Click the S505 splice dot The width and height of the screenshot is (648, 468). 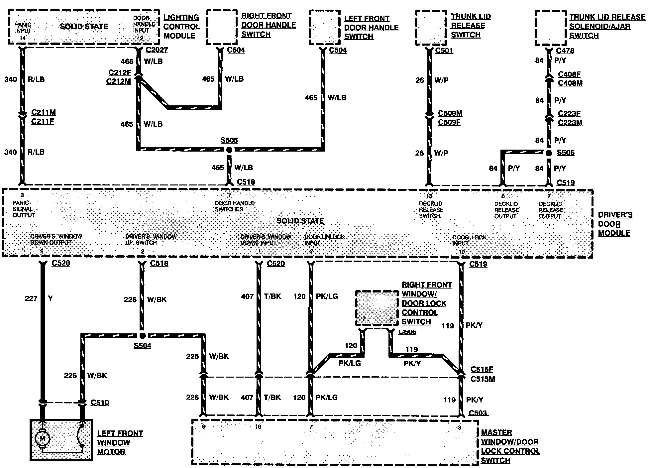pos(229,150)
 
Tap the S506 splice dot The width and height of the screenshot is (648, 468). pos(549,153)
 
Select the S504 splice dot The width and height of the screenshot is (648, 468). pos(142,336)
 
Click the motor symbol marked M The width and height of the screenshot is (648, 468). pos(43,438)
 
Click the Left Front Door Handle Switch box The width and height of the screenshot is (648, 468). pos(325,27)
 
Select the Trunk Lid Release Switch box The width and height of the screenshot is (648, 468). pos(431,28)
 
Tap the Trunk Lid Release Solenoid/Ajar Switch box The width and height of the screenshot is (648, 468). pos(551,28)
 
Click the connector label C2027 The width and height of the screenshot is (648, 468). pos(157,50)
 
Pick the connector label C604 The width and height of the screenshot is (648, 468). pos(236,50)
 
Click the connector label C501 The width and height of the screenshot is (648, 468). pos(444,51)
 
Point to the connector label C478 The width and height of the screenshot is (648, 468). pos(565,51)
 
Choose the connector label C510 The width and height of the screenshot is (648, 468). pos(100,403)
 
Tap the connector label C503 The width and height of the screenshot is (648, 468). pos(478,413)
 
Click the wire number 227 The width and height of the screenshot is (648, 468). pos(31,298)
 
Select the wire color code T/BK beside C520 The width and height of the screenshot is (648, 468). pos(272,296)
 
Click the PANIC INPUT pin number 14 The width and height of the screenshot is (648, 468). pos(22,38)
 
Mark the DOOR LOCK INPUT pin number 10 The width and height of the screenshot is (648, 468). pos(462,252)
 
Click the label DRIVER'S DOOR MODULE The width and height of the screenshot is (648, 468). pos(615,224)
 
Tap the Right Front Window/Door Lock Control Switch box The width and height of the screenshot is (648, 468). pos(377,308)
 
